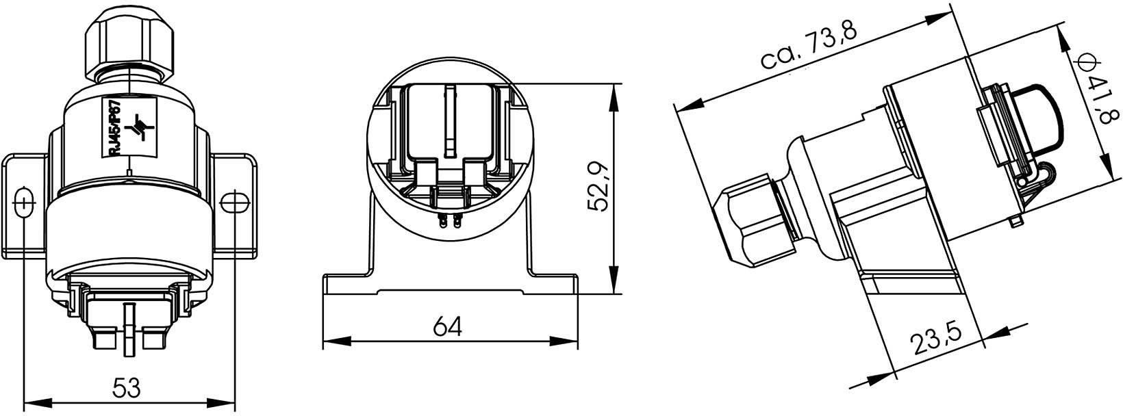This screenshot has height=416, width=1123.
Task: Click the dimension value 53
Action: [127, 389]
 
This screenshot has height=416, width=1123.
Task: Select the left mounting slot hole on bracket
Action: [23, 203]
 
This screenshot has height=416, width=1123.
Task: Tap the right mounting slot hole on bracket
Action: [234, 203]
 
